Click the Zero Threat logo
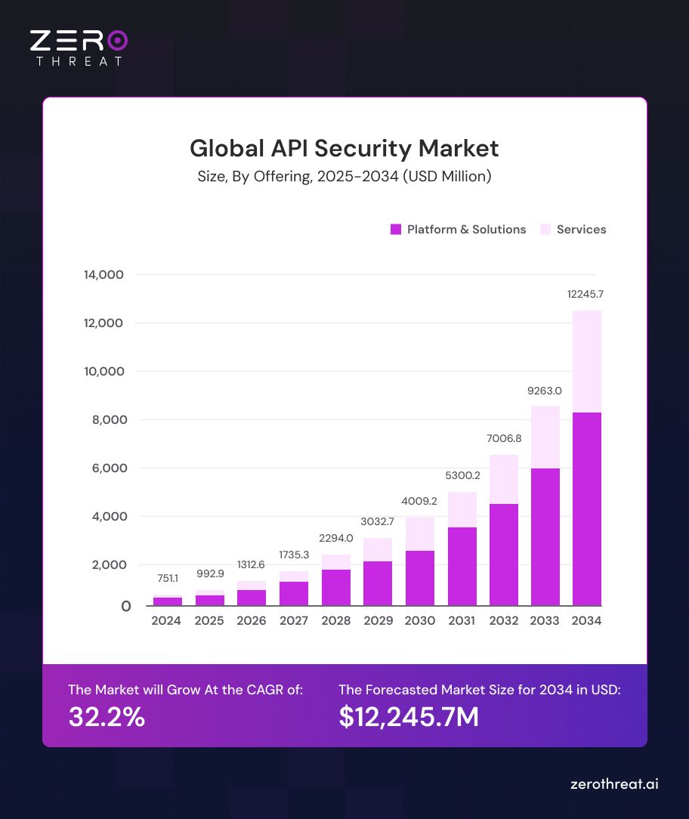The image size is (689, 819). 79,48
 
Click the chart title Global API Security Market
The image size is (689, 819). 344,147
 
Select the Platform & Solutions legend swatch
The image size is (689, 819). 395,230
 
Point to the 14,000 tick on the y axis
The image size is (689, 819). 104,274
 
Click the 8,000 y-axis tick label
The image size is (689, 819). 104,420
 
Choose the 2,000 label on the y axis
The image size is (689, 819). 104,565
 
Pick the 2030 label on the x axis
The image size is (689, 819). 419,620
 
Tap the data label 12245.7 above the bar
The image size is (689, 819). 585,293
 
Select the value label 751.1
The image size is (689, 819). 168,578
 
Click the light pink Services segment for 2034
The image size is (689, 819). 587,361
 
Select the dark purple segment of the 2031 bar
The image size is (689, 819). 462,566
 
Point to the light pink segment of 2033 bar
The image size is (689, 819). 545,437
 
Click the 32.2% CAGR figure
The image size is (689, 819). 107,717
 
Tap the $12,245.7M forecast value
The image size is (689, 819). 409,717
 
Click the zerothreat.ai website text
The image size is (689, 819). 613,784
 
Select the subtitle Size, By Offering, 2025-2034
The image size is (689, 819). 344,177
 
